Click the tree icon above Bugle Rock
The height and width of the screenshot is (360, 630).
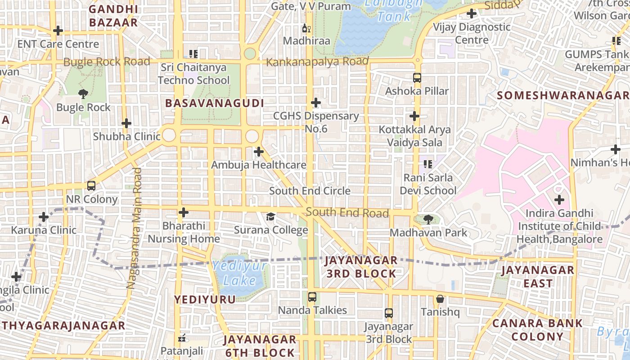[x=83, y=94]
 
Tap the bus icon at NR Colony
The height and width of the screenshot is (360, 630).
[x=91, y=186]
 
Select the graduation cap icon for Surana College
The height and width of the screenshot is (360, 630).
[x=270, y=217]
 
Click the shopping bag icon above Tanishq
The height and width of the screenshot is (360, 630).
[x=440, y=299]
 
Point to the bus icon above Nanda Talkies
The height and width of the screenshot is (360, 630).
[x=312, y=297]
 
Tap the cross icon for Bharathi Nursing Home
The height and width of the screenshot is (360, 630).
[x=184, y=212]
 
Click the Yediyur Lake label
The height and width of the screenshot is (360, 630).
[x=240, y=274]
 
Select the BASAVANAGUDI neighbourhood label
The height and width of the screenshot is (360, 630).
[x=214, y=103]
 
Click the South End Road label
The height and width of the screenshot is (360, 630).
[x=347, y=212]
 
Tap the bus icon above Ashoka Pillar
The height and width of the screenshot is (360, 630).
[x=417, y=77]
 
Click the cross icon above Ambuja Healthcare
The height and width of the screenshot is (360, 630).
[x=259, y=152]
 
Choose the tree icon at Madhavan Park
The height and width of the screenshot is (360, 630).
[x=428, y=220]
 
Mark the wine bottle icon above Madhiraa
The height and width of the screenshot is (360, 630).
[x=306, y=28]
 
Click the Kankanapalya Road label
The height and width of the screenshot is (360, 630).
[x=317, y=62]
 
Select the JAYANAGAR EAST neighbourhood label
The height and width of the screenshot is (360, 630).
[x=538, y=276]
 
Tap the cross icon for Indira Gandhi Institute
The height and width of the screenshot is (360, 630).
[x=559, y=200]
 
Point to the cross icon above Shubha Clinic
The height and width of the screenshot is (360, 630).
[x=126, y=123]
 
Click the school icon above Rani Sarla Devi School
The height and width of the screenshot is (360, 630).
[x=428, y=164]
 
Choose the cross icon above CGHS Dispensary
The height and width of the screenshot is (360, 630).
[x=316, y=103]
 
